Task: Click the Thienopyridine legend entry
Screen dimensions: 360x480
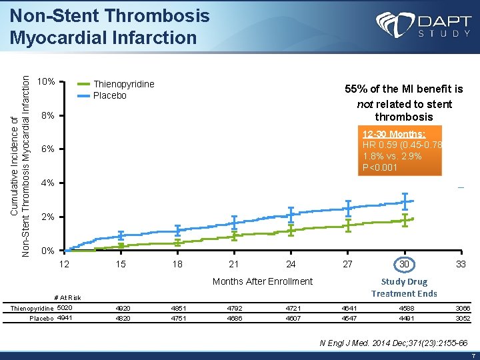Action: pos(123,84)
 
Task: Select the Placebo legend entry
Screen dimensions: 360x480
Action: pos(109,95)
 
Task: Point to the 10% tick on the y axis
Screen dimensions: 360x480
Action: pos(46,83)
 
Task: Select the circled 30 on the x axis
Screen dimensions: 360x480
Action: pos(404,264)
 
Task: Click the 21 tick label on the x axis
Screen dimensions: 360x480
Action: pos(234,264)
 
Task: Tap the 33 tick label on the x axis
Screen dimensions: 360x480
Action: pos(461,264)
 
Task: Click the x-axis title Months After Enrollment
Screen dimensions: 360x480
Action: pos(262,281)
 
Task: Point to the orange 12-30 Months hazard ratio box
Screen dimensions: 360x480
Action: pos(399,150)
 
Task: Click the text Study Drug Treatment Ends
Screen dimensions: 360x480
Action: pos(404,287)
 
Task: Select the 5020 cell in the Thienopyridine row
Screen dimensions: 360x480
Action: pos(65,307)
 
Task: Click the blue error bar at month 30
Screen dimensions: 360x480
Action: pos(404,200)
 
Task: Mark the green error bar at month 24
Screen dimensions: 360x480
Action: pos(291,230)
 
